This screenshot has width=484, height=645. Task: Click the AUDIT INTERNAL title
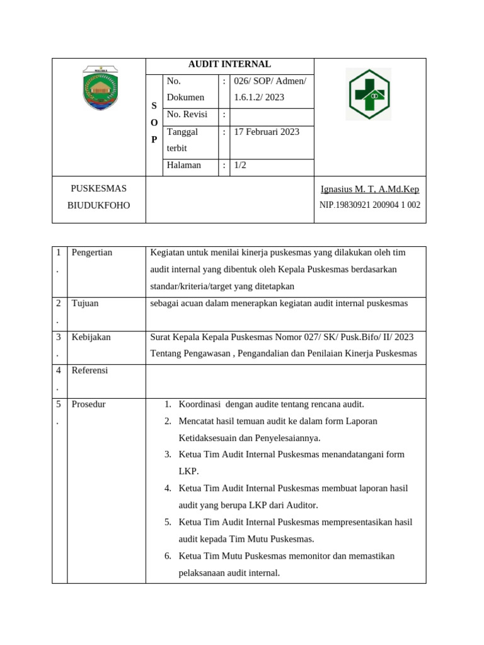coord(229,64)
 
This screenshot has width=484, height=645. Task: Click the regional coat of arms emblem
coord(100,89)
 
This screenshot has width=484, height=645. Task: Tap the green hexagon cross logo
coord(368,94)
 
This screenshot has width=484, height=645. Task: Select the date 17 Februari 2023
coord(267,132)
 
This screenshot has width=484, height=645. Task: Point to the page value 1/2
coord(240,166)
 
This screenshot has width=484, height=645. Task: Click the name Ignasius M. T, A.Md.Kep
coord(369,190)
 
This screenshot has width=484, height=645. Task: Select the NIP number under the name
coord(369,205)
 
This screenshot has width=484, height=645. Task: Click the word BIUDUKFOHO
coord(98,205)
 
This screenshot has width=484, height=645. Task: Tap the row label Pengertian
coord(92,253)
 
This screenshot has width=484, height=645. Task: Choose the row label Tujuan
coord(85,304)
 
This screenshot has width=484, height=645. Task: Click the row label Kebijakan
coord(91,338)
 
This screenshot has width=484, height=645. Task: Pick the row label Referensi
coord(89,371)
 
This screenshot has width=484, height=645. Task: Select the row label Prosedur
coord(88,404)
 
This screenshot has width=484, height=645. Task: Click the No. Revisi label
coord(187,115)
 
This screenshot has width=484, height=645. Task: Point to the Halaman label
coord(184,166)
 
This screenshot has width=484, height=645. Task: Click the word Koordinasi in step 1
coord(200,404)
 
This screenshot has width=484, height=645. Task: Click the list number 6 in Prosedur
coord(168,556)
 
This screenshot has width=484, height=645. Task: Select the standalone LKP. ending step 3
coord(188,472)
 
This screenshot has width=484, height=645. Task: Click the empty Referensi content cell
coord(285,381)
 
